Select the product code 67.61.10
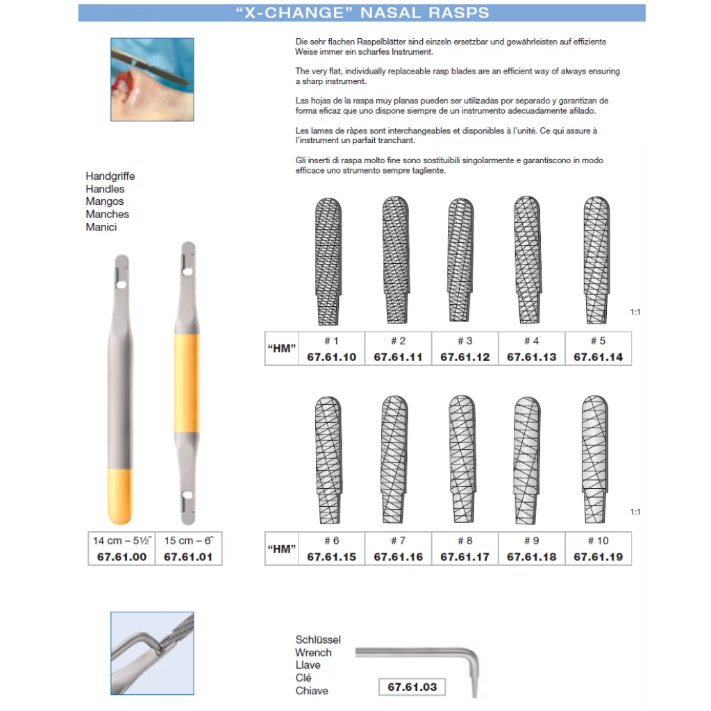point(331,357)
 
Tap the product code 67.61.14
point(598,357)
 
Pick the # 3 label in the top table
point(465,340)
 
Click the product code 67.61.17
point(465,557)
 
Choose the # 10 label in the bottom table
point(598,540)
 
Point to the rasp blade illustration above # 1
point(328,261)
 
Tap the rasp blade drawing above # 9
point(527,461)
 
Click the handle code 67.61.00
point(122,557)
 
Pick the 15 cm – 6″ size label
point(188,540)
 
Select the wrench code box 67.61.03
point(412,687)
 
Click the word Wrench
point(313,653)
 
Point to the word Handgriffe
point(110,176)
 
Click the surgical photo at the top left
point(152,80)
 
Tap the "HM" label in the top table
point(281,349)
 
